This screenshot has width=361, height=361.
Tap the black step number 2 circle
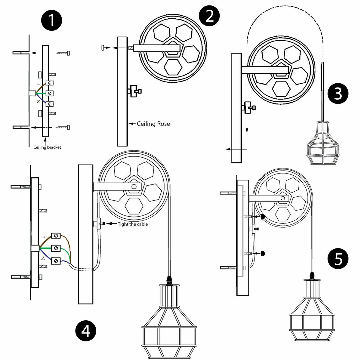[210, 15]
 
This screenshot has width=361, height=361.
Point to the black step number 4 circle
[86, 331]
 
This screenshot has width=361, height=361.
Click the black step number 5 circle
[338, 259]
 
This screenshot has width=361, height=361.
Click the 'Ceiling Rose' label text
[153, 124]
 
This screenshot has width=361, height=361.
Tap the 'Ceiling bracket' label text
[47, 147]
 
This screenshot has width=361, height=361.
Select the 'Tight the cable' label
[133, 224]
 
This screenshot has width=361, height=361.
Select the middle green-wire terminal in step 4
[56, 248]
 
